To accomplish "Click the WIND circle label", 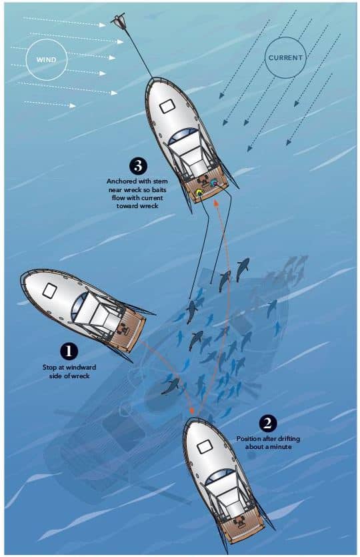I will click(x=47, y=59).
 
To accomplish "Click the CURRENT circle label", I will click(x=285, y=57).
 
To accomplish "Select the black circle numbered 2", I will click(x=268, y=422).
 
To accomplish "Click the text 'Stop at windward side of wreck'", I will click(x=69, y=370).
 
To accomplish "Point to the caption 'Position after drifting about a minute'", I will click(x=268, y=443).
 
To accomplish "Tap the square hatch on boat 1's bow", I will click(x=49, y=290).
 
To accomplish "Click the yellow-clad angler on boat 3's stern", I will click(x=199, y=194).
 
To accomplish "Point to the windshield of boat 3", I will click(x=182, y=137).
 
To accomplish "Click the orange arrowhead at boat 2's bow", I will click(x=194, y=410).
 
